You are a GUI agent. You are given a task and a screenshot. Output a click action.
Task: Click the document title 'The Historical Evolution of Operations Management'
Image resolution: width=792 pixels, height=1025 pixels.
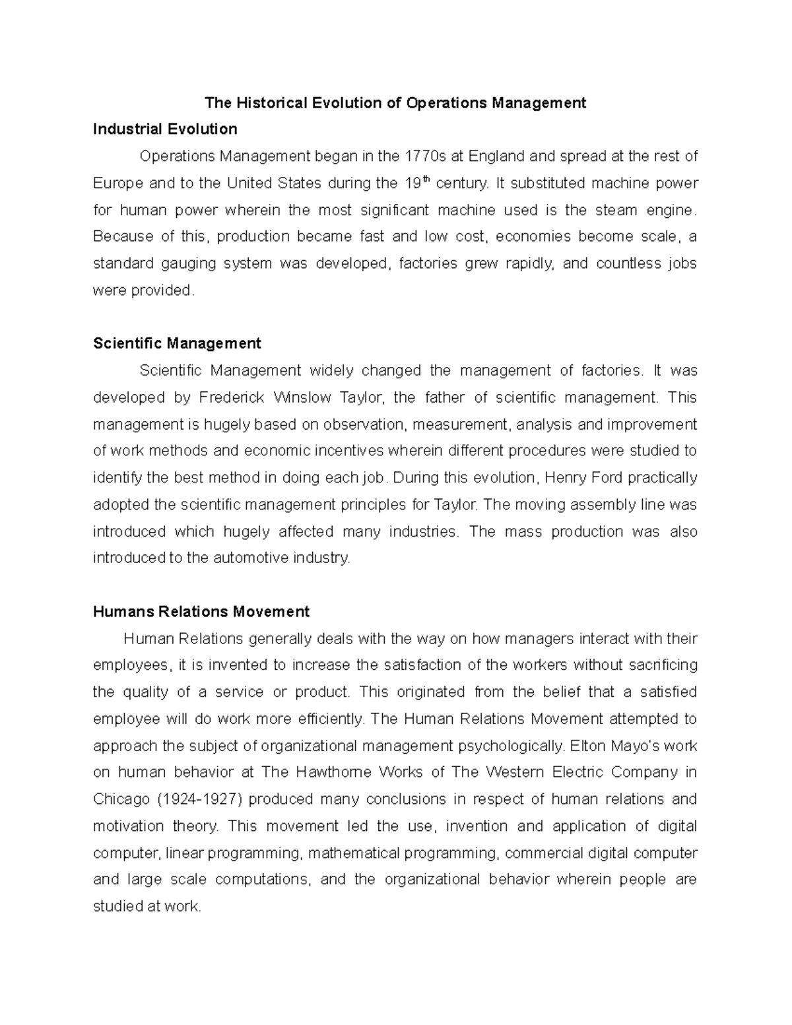coord(395,103)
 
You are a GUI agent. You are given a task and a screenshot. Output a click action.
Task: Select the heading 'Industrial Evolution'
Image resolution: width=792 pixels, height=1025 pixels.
coord(165,129)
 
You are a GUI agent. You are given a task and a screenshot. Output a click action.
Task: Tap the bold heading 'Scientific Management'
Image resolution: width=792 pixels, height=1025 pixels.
coord(177,343)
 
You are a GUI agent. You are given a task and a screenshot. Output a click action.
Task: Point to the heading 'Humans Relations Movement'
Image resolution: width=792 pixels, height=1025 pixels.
coord(201,612)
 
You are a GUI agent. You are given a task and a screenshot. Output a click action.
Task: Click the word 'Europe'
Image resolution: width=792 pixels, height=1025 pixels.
coord(115,183)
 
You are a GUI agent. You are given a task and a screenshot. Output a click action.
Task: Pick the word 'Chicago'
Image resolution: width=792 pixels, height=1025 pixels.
coord(121,800)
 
